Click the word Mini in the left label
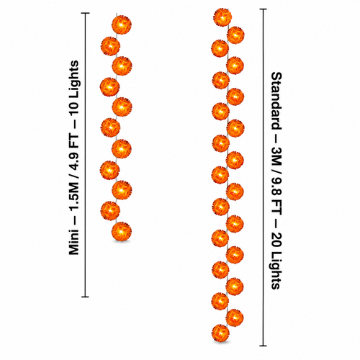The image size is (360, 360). click(74, 242)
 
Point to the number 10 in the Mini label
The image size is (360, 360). click(74, 109)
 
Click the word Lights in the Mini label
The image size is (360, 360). click(74, 79)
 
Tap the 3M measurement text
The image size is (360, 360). click(276, 156)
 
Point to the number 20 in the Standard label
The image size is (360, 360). click(276, 243)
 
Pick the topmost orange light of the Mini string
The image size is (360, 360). click(122, 24)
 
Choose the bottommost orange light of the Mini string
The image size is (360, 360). click(122, 232)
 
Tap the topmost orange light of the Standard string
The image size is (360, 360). click(222, 17)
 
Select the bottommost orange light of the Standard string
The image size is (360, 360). click(220, 333)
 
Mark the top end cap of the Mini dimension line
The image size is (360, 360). click(86, 13)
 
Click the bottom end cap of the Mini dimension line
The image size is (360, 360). click(86, 297)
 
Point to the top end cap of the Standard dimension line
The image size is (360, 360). click(264, 9)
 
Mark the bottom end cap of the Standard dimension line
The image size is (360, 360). click(264, 346)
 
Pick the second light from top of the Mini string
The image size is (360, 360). click(110, 46)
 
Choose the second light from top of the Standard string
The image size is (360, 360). click(235, 35)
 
